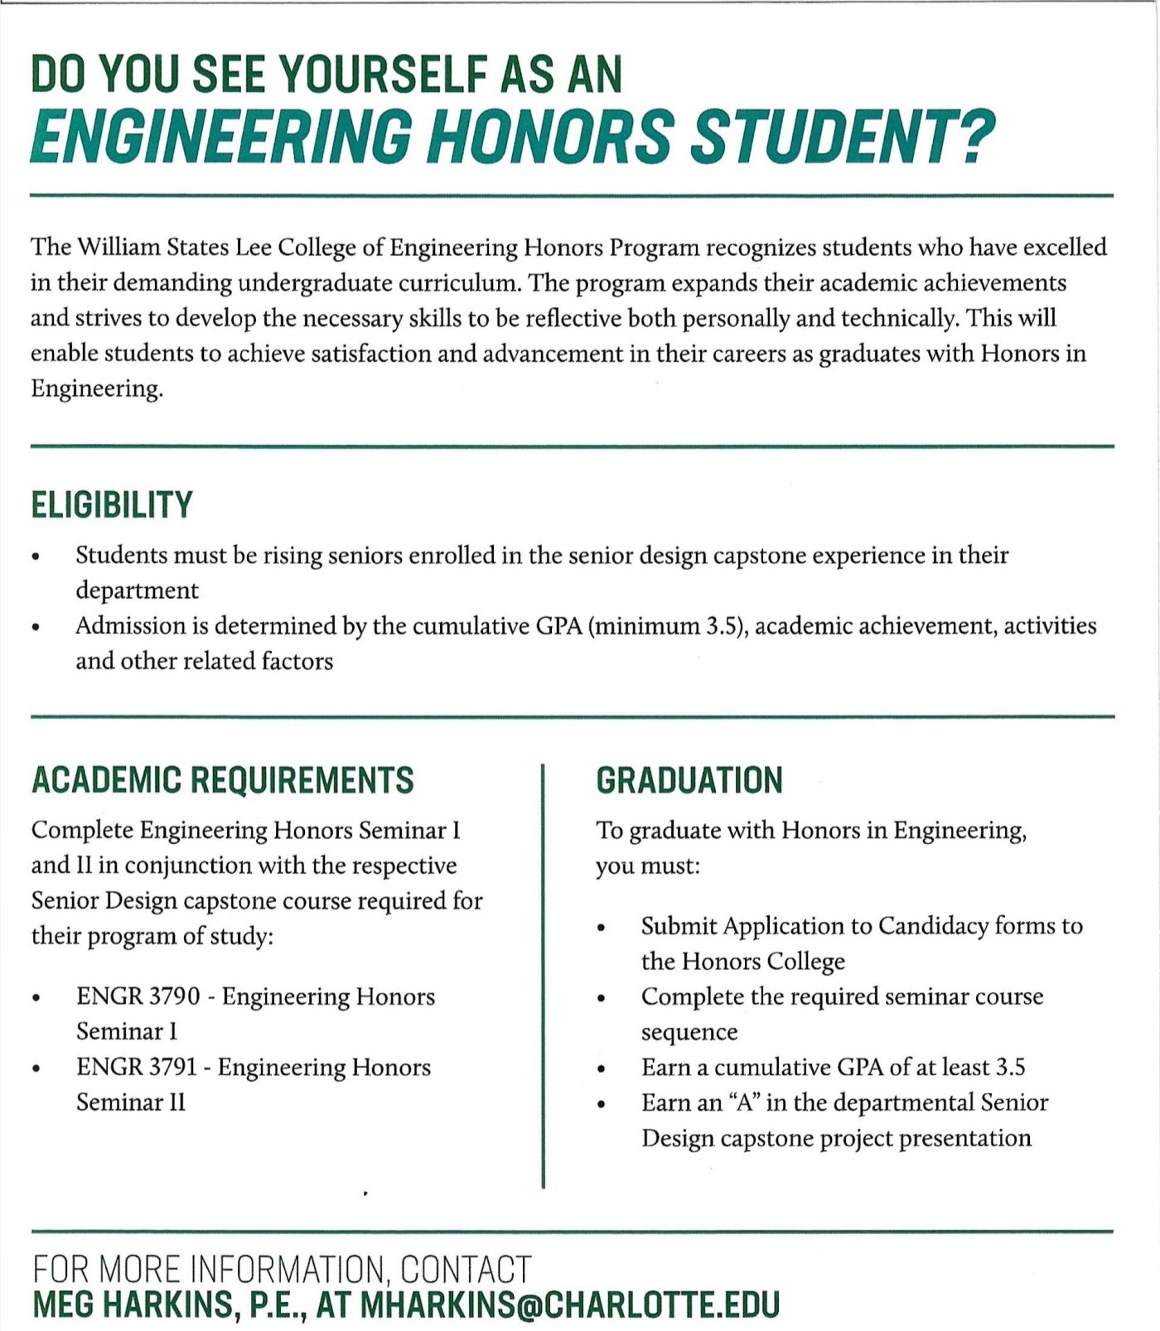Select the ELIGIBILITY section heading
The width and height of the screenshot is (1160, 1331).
point(112,504)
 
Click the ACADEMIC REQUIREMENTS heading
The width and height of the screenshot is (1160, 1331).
point(222,780)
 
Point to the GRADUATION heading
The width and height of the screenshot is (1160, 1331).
point(689,780)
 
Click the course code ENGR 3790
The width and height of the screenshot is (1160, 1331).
point(138,996)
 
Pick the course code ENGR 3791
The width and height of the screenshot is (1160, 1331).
point(137,1067)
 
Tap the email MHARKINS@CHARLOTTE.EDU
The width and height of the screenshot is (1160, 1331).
point(570,1304)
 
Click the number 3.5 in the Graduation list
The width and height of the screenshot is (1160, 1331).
point(1010,1068)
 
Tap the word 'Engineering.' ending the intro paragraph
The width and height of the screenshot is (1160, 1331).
point(96,389)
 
